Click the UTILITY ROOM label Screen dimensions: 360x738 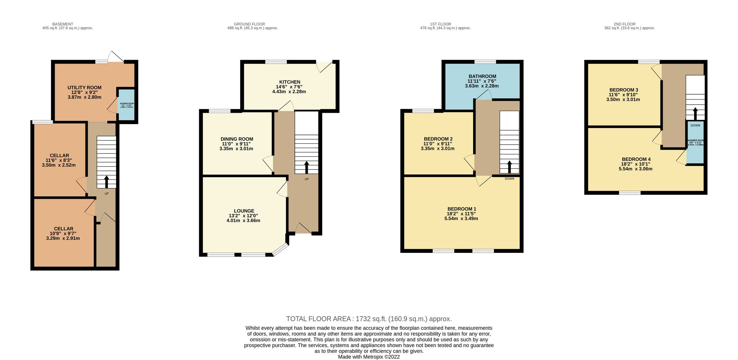tap(84, 88)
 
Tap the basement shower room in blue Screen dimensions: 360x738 tap(126, 105)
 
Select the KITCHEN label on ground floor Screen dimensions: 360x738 tap(289, 82)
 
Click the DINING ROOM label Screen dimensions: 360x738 tap(236, 139)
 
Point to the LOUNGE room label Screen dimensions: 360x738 tap(244, 211)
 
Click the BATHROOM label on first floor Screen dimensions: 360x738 tap(482, 76)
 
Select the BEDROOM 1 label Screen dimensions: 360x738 tap(461, 209)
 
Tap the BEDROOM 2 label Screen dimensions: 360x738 tap(438, 139)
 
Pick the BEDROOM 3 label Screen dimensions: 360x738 tap(623, 90)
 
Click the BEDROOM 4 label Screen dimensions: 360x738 tap(636, 159)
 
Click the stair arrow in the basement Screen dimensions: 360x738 tap(106, 182)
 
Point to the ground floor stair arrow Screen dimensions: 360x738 tap(306, 167)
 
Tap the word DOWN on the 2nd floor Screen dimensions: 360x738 tap(695, 126)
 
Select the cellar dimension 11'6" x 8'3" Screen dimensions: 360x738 tap(59, 160)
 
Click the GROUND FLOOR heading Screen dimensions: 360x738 tap(249, 24)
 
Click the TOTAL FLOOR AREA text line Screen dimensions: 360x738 tap(369, 319)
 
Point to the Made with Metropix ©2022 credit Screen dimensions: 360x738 tap(369, 357)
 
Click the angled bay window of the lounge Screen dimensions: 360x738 tap(280, 250)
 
